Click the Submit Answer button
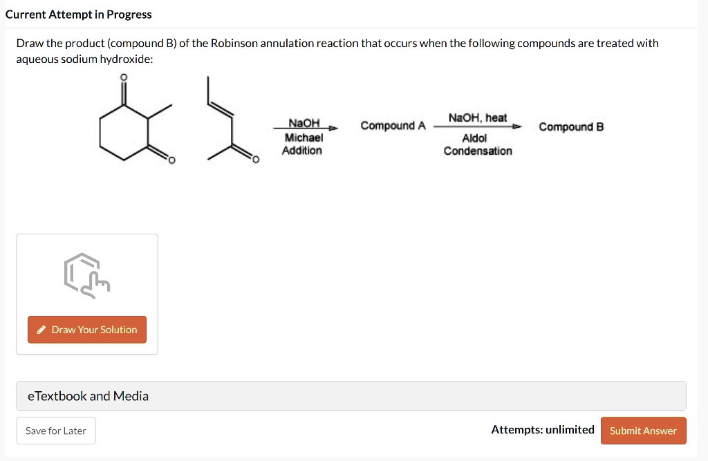643,431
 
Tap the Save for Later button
56,431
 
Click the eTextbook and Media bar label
88,396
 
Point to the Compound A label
393,126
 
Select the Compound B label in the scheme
571,126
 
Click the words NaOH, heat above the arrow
477,117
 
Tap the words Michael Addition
304,144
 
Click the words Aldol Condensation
477,144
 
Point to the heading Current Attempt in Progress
78,15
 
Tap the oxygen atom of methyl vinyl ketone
254,160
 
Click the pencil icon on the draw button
42,330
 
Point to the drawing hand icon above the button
86,274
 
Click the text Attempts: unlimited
542,430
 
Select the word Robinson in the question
234,44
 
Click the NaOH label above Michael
304,123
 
